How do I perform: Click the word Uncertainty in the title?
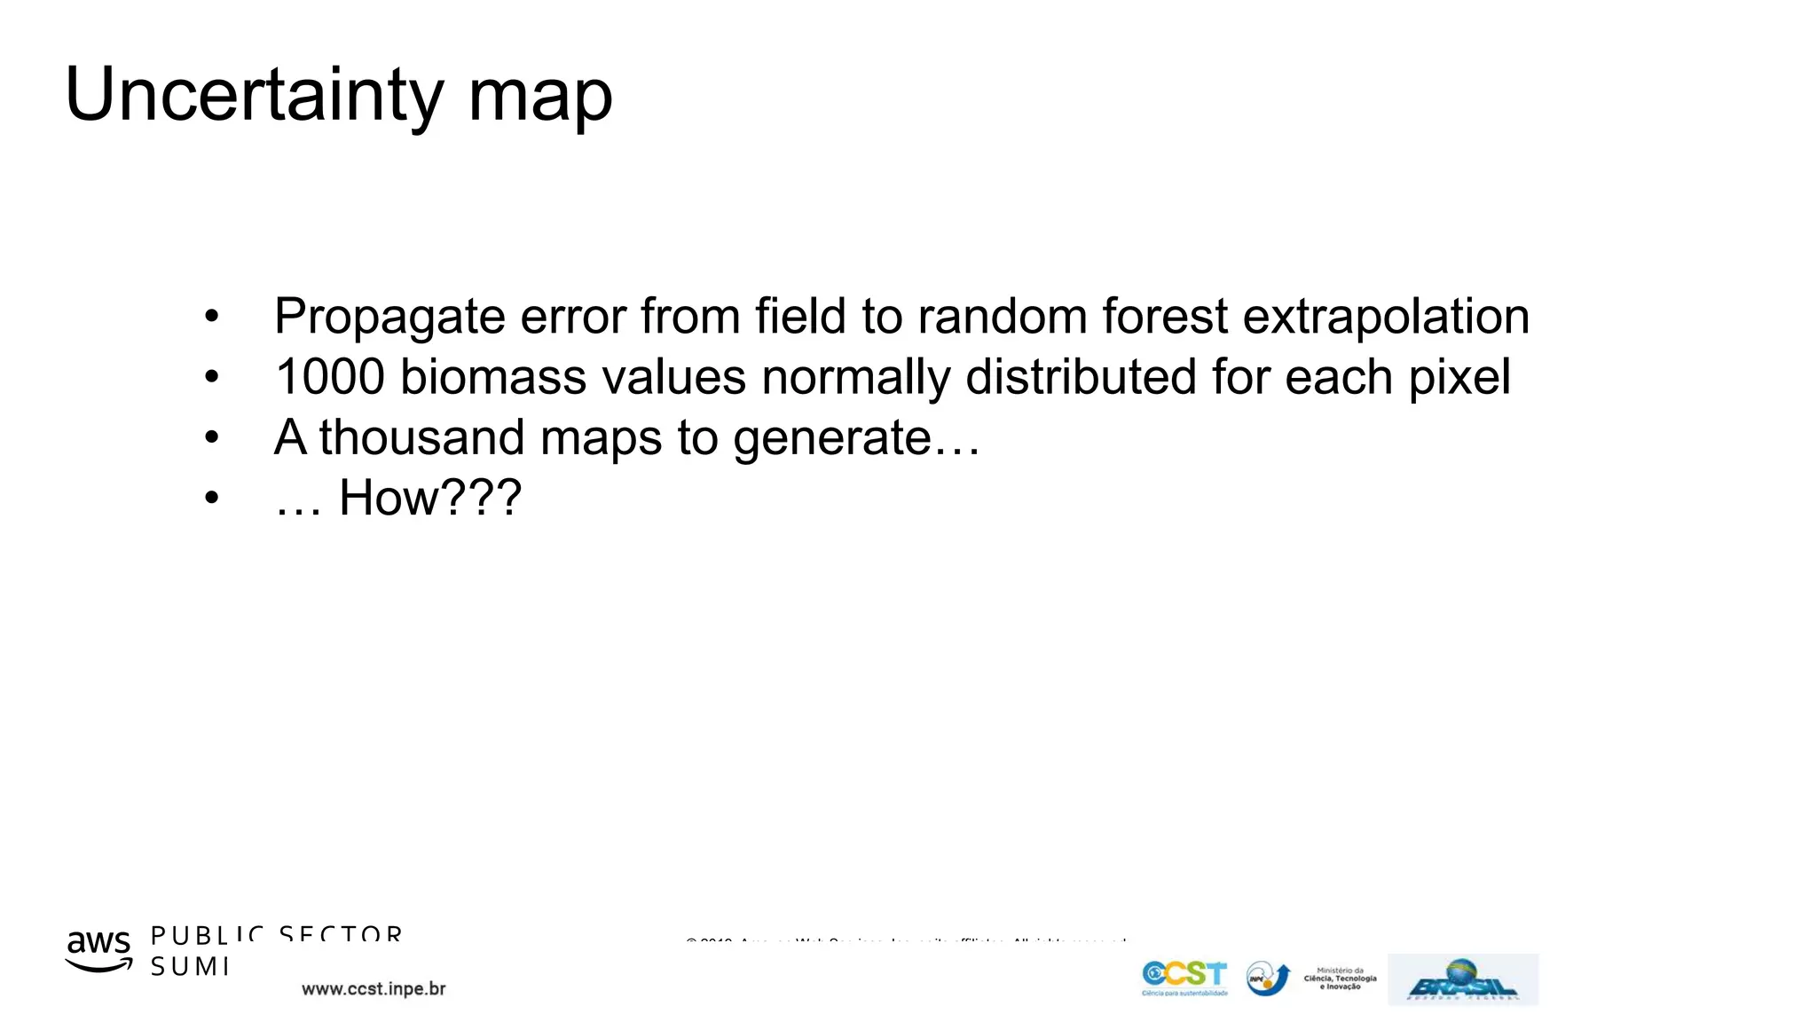(254, 96)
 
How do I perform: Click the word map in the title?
(539, 98)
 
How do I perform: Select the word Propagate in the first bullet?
(389, 318)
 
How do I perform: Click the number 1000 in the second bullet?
(329, 377)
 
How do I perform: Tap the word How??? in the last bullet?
(429, 498)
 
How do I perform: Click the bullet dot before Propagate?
(211, 317)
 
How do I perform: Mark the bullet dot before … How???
(211, 498)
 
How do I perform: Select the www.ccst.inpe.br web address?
(374, 989)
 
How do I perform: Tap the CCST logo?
(1184, 978)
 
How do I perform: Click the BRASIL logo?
(1462, 979)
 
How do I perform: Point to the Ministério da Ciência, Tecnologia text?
(1340, 979)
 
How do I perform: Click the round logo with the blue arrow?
(1268, 979)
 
